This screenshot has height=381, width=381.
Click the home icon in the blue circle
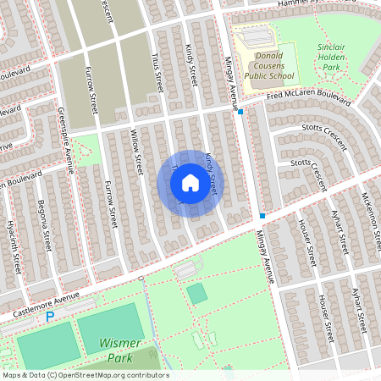click(190, 182)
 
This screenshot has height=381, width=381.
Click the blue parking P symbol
click(50, 316)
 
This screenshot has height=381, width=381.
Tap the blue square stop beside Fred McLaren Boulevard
click(241, 111)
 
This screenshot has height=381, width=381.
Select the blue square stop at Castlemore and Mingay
click(262, 216)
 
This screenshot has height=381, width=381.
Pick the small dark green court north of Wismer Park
click(196, 294)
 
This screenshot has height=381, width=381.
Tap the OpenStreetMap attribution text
click(85, 375)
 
